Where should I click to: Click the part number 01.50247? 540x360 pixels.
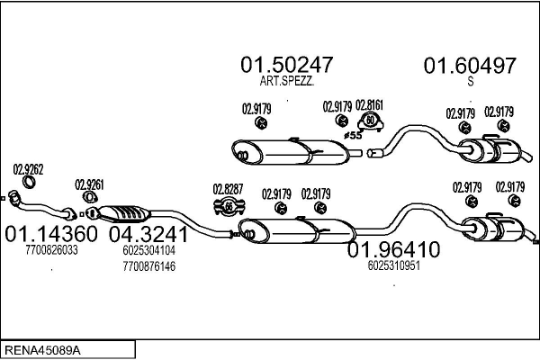click(286, 65)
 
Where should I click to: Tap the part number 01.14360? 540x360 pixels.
click(50, 234)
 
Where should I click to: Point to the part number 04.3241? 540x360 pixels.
click(148, 234)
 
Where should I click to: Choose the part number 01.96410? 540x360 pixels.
click(393, 248)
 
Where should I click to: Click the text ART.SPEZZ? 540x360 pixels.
click(285, 81)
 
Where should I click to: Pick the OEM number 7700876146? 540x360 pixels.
click(148, 266)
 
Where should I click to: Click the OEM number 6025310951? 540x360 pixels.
click(394, 265)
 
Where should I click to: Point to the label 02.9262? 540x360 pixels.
click(28, 168)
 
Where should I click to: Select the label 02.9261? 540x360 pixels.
click(89, 184)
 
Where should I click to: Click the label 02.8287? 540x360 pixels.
click(228, 189)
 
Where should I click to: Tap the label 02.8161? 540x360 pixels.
click(369, 104)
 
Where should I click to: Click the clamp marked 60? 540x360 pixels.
click(369, 121)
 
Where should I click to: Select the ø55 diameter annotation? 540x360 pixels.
click(353, 135)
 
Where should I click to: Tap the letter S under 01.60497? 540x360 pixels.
click(470, 81)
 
